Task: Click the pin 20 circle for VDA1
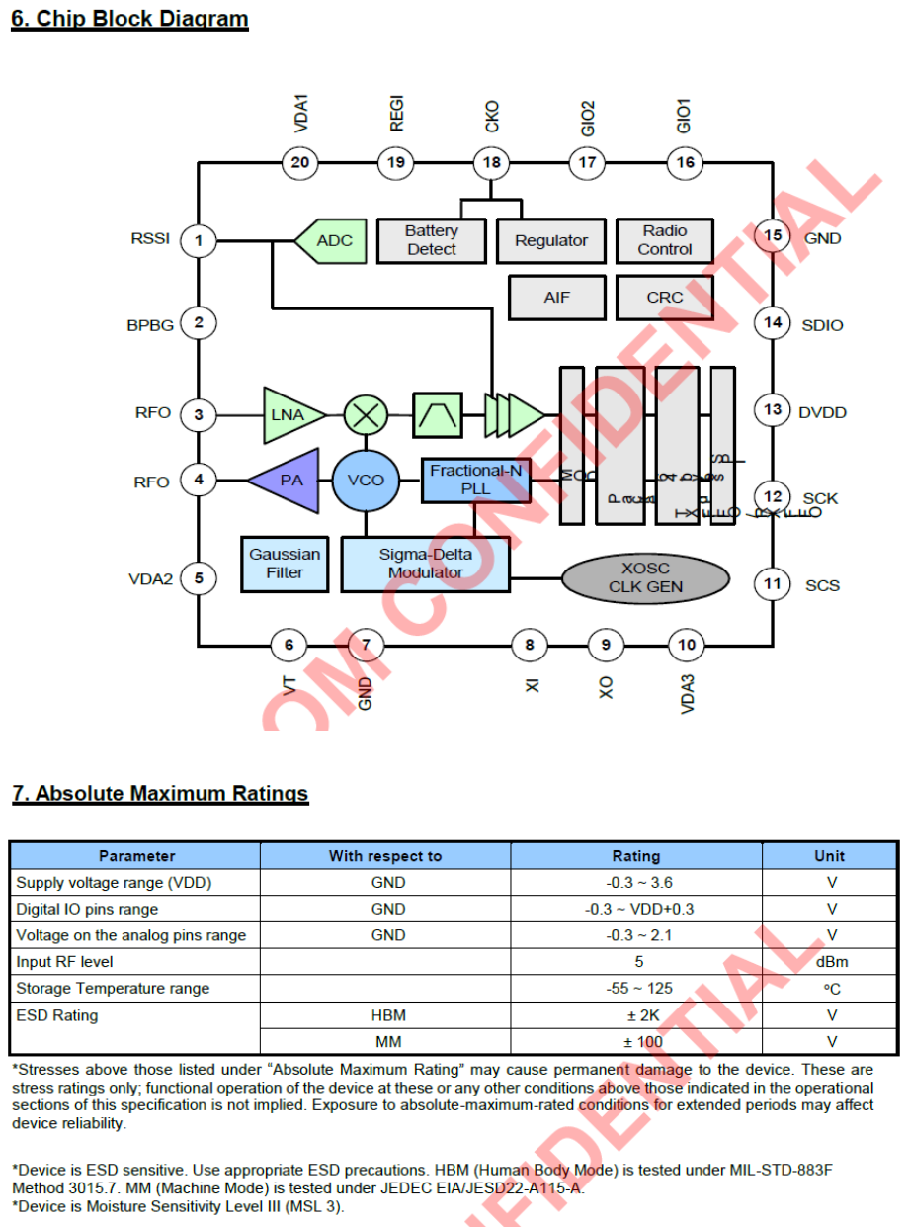tap(299, 162)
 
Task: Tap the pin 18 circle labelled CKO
tap(492, 162)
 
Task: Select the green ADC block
tap(328, 241)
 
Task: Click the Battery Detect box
tap(432, 240)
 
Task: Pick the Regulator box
tap(550, 240)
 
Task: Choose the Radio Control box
tap(665, 240)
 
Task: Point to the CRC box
tap(665, 297)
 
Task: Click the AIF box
tap(557, 297)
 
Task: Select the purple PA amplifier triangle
tap(289, 481)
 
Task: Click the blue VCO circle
tap(366, 481)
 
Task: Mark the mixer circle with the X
tap(366, 414)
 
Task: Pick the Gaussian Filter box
tap(285, 564)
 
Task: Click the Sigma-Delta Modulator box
tap(426, 564)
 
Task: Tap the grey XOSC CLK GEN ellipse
tap(645, 578)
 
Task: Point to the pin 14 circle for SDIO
tap(772, 322)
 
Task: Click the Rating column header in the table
tap(636, 856)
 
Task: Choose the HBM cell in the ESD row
tap(388, 1014)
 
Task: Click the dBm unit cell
tap(831, 961)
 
